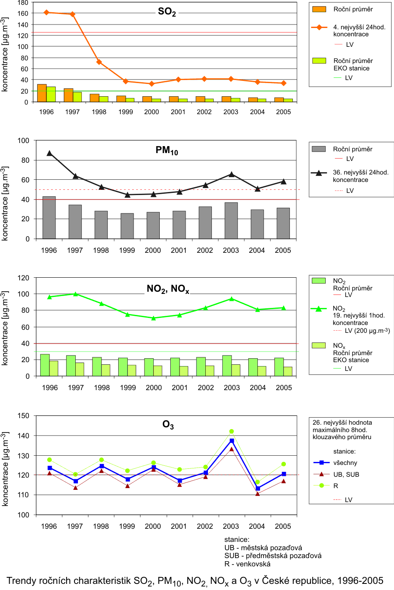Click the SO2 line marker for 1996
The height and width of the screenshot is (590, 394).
46,12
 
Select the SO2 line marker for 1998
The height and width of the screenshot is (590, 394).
99,62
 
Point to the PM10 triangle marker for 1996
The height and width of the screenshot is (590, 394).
49,153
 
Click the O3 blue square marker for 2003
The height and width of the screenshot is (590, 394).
232,441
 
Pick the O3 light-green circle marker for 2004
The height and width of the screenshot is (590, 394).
257,482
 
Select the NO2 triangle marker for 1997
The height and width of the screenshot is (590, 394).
76,294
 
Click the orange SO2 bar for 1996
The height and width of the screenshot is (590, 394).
42,93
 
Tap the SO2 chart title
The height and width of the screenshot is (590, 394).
167,12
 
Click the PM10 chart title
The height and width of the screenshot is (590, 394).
167,150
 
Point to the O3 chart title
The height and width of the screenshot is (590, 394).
168,425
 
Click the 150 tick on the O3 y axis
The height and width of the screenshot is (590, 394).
24,416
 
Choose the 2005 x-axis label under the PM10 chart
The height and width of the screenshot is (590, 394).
283,250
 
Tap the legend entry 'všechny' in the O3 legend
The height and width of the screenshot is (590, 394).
345,463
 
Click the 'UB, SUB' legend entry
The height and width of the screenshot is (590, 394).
346,475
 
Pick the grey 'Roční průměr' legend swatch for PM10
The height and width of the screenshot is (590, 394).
319,149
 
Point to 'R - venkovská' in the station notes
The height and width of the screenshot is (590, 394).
247,564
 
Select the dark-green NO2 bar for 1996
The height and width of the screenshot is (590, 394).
45,365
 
